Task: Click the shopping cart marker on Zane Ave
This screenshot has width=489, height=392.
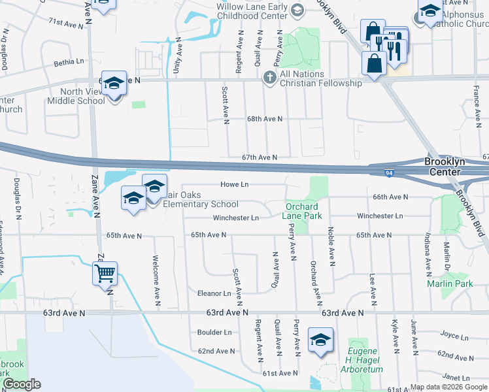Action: (x=105, y=273)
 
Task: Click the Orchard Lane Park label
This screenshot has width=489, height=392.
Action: (x=301, y=211)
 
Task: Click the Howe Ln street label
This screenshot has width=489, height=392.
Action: (x=235, y=185)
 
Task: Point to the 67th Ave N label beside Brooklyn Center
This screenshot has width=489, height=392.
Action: (x=485, y=157)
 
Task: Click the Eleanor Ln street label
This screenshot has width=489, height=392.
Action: (x=214, y=293)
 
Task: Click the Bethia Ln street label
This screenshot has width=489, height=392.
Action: (x=69, y=63)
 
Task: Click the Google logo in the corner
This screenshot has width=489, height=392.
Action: (x=22, y=384)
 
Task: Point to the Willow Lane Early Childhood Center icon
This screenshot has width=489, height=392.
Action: (x=297, y=10)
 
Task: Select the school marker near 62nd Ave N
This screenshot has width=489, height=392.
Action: (x=320, y=340)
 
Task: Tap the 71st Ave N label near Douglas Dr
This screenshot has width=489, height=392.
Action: (x=67, y=23)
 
